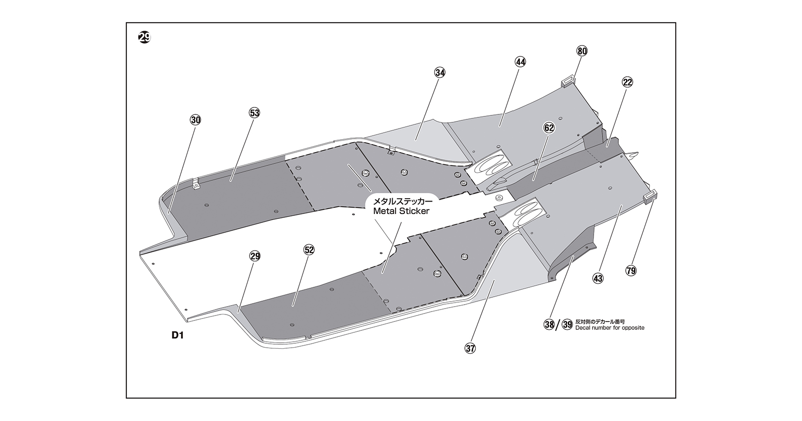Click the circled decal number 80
pos(582,51)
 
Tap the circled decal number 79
pos(631,270)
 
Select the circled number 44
pos(520,62)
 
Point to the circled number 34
pos(440,73)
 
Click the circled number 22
pos(627,82)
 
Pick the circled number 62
pos(549,128)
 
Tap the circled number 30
pos(196,120)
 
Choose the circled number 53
pos(254,113)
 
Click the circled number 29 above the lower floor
pos(254,256)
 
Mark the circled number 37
pos(470,348)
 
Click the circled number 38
pos(549,325)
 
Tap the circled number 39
pos(567,325)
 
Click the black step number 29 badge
pos(144,37)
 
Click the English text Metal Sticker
pos(401,210)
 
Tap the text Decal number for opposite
pos(610,328)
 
